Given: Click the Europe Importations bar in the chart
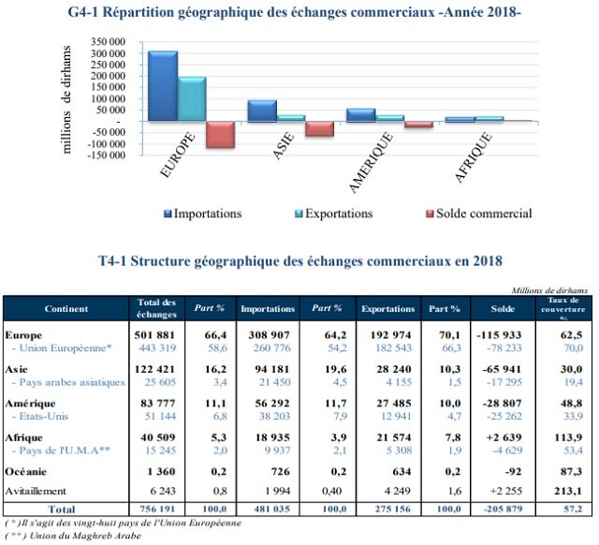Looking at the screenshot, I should (162, 86).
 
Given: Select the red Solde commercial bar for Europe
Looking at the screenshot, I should (219, 134).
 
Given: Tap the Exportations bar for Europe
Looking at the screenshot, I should (191, 99).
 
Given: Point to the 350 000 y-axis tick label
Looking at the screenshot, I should (107, 43).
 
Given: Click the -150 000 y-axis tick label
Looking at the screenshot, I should (105, 155).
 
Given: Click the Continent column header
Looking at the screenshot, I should (66, 308).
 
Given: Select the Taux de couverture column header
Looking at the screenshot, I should (562, 308).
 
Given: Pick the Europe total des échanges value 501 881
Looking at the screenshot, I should (155, 334).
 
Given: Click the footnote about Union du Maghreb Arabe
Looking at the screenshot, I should (75, 536).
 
